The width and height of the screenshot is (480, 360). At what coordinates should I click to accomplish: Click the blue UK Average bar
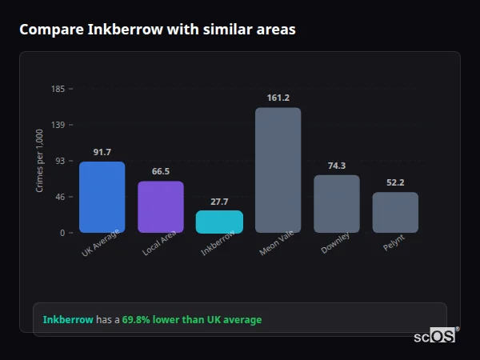(x=102, y=197)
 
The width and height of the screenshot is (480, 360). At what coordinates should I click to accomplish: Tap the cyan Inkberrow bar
(x=219, y=222)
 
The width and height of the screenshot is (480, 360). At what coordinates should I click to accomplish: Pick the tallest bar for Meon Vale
(x=278, y=170)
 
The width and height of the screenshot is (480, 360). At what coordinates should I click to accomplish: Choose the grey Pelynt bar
(x=395, y=212)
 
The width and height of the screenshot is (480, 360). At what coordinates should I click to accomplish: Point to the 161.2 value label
(x=278, y=98)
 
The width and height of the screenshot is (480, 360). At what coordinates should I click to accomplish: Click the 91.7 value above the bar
(x=102, y=152)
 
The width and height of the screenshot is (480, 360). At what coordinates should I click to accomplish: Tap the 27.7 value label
(x=219, y=202)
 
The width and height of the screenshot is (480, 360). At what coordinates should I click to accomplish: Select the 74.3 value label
(x=336, y=166)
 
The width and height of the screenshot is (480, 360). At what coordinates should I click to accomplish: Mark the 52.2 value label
(x=395, y=182)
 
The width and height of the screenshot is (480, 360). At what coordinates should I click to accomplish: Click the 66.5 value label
(x=161, y=171)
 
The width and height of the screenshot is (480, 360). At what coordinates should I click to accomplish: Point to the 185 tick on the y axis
(x=58, y=89)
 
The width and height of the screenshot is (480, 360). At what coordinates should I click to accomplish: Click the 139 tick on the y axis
(x=58, y=125)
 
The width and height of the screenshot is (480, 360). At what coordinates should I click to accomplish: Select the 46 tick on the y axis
(x=60, y=197)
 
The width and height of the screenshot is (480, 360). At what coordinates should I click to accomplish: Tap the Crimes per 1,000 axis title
(x=39, y=161)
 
